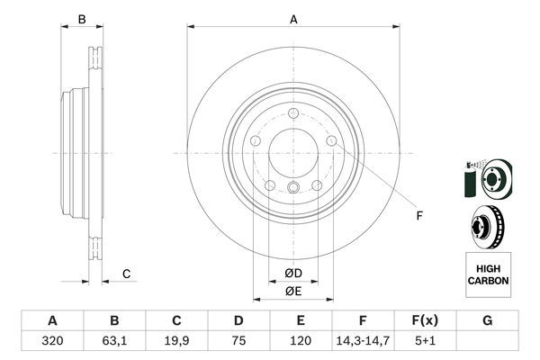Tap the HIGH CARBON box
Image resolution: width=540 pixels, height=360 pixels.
point(488,274)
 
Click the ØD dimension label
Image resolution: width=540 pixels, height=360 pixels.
point(293,273)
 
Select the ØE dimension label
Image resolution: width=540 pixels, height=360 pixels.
point(293,291)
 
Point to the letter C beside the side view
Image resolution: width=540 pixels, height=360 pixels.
point(127,274)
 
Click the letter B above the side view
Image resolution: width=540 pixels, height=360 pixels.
point(81,19)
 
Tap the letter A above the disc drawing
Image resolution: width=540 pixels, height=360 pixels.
point(293,19)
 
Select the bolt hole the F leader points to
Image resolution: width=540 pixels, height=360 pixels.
point(332,141)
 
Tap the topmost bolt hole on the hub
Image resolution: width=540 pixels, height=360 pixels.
point(293,113)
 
